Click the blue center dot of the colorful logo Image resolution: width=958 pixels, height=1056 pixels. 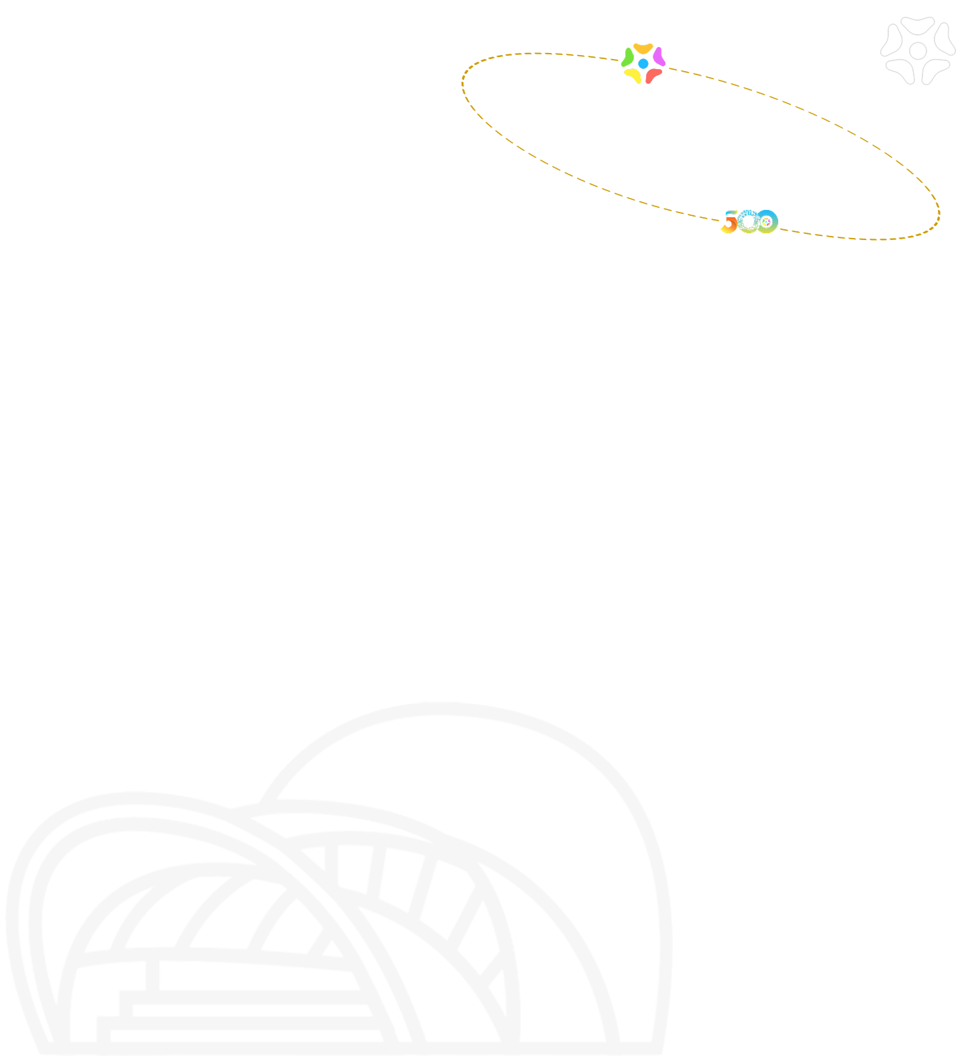click(643, 63)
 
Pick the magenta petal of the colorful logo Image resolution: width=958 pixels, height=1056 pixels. click(659, 58)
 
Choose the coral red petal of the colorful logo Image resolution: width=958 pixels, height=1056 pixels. click(653, 76)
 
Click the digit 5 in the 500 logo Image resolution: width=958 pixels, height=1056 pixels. click(729, 222)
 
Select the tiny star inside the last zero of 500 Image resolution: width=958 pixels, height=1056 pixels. click(765, 221)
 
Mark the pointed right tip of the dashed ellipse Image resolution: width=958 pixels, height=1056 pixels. click(939, 213)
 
